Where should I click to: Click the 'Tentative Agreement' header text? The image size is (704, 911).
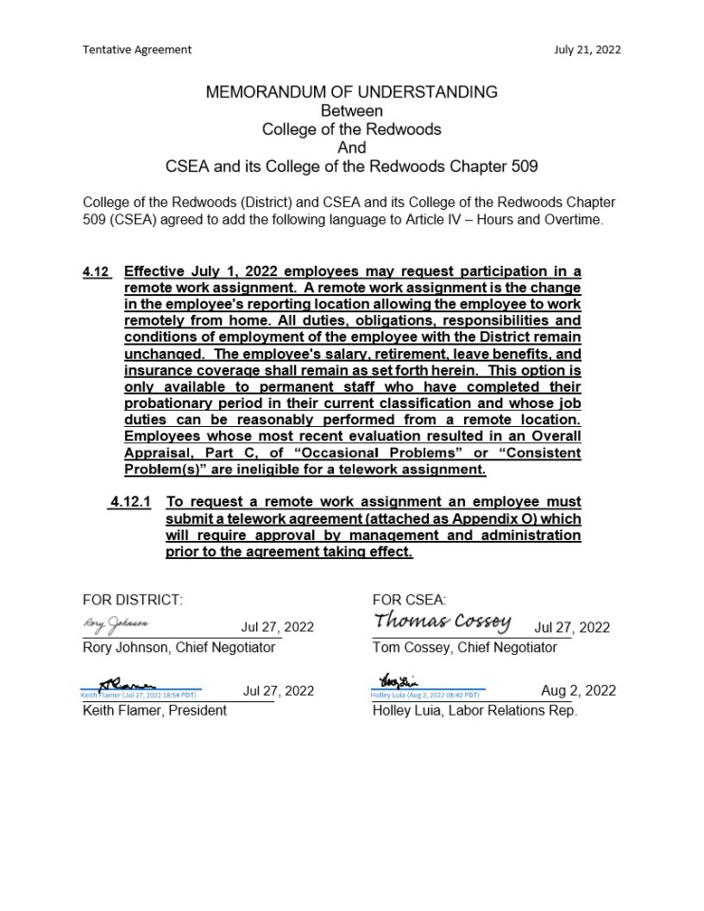click(137, 49)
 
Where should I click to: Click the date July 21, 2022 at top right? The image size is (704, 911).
click(587, 49)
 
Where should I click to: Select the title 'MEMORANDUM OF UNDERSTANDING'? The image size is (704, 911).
click(351, 92)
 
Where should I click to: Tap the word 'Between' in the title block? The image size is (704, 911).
click(351, 111)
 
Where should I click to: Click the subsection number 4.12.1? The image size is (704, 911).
click(130, 501)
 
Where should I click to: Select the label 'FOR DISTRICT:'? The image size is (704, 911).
click(132, 600)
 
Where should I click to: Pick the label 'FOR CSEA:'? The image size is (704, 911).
click(409, 600)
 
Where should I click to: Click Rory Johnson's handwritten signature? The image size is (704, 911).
click(116, 624)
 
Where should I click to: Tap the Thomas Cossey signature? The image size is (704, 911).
click(443, 622)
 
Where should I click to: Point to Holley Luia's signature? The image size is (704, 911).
click(391, 680)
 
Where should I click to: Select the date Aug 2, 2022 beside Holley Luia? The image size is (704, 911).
click(578, 691)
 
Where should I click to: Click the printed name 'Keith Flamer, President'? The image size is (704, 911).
click(155, 711)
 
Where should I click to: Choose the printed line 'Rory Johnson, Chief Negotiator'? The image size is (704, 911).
click(178, 647)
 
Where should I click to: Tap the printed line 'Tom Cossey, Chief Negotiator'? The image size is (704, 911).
click(465, 647)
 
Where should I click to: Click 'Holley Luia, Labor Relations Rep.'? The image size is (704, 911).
click(474, 711)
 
